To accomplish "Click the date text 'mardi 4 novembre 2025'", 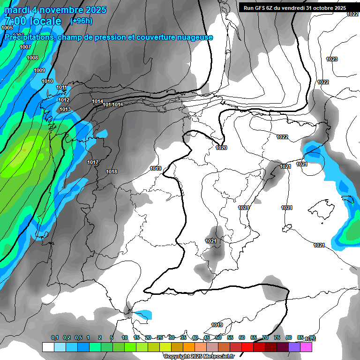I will pos(55,10).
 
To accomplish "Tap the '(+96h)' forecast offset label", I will pos(81,21).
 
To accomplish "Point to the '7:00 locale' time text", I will pos(33,21).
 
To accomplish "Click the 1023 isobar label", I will pos(332,59).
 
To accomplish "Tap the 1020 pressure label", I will pos(221,148).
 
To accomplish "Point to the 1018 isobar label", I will pos(112,172).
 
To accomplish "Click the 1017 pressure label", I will pos(93,162).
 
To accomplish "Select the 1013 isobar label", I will pos(65,109).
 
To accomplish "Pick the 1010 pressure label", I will pos(47,81).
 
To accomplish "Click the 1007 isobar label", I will pos(25,47).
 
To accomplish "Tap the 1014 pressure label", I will pos(97,101).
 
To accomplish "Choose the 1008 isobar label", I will pos(32,58).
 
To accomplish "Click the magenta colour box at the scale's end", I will pos(306,347).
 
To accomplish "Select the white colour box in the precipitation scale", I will pos(48,347).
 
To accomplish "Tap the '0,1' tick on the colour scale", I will pos(55,337).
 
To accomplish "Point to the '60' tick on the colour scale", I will pos(242,337).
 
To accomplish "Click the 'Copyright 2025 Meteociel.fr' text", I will pos(199,356).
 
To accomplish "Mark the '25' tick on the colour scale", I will pos(160,337).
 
